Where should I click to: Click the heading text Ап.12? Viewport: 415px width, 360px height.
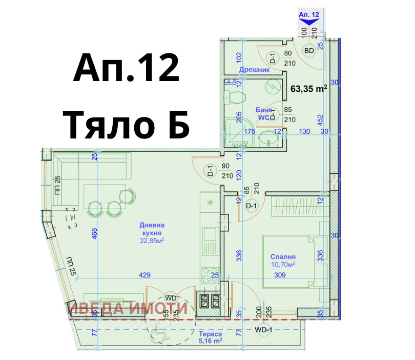[x=126, y=69]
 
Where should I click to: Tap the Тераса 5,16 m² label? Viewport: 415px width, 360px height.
[x=210, y=336]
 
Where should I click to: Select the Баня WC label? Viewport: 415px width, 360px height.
[x=264, y=113]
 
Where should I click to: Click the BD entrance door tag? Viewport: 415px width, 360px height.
[x=309, y=51]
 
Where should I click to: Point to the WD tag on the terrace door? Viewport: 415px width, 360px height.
[x=171, y=298]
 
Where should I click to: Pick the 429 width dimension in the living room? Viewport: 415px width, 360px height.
[x=145, y=275]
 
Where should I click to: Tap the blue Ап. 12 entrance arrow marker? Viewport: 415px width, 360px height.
[x=309, y=18]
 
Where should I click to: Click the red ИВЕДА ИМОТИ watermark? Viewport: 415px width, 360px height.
[x=128, y=308]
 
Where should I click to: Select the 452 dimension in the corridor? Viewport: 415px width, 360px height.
[x=320, y=120]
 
